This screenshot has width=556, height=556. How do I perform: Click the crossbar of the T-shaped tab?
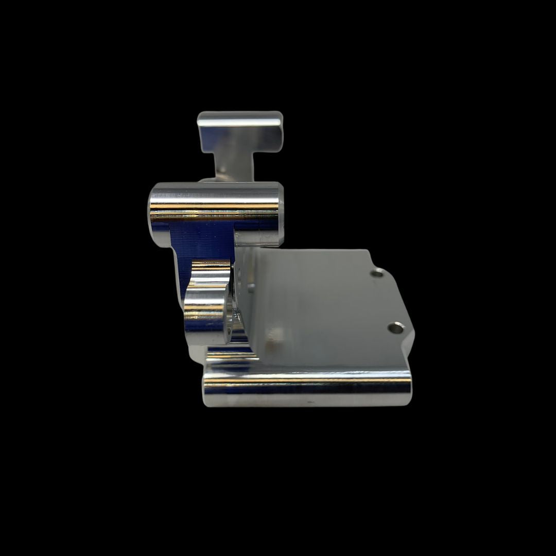click(240, 132)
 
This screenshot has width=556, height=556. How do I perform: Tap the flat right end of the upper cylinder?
click(280, 212)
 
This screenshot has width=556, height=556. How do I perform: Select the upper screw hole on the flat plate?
click(377, 272)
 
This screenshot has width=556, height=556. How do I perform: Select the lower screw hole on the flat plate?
click(395, 327)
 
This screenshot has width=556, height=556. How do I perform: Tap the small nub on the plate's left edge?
click(251, 287)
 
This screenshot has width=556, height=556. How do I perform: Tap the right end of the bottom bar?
click(409, 388)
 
